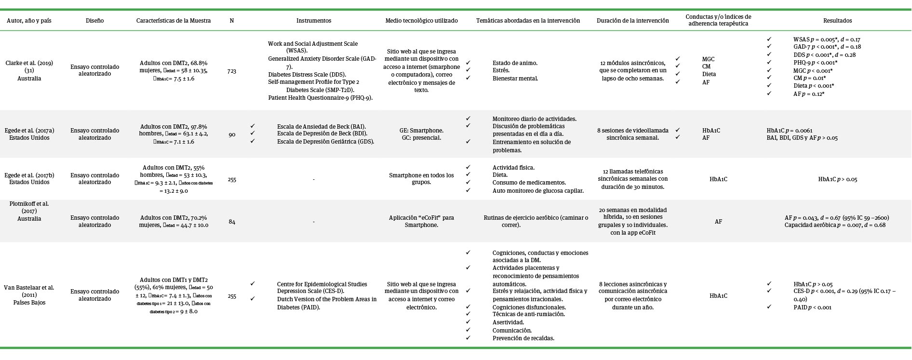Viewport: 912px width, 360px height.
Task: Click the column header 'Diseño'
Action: [x=94, y=21]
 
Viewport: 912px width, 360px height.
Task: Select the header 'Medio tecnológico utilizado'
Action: [x=421, y=21]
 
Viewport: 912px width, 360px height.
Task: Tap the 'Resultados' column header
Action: [x=837, y=21]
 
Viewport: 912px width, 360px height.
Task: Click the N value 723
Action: [x=232, y=71]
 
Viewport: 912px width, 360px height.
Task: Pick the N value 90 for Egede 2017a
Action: [x=232, y=134]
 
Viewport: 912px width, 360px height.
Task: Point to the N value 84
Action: [x=232, y=222]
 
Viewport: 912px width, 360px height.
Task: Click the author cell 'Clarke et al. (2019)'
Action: [x=29, y=63]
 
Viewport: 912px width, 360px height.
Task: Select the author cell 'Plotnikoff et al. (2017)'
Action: [x=29, y=207]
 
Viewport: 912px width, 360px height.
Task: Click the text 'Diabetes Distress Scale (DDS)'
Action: [x=306, y=74]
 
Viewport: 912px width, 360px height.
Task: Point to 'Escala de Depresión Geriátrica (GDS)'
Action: [x=325, y=142]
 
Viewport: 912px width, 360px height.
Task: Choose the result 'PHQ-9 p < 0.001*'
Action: [x=815, y=63]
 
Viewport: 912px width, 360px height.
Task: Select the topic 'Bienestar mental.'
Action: [x=515, y=79]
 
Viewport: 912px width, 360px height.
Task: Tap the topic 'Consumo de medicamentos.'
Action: [x=529, y=183]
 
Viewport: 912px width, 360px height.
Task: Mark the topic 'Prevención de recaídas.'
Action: [x=523, y=338]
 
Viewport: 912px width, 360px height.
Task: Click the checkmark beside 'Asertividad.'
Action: [x=468, y=322]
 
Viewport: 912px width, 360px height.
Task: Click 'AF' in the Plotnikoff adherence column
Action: [x=718, y=222]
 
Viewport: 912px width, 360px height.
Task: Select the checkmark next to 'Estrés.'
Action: [x=468, y=70]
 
